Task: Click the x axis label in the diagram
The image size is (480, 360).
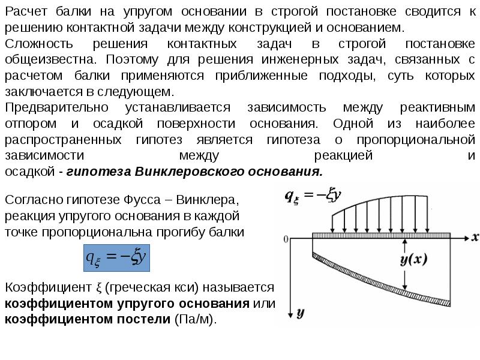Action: (475, 237)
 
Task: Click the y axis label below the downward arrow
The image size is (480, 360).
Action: (301, 313)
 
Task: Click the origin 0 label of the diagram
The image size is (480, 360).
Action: (286, 239)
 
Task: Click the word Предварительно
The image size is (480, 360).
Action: (57, 107)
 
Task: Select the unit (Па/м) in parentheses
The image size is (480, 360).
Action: (194, 319)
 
